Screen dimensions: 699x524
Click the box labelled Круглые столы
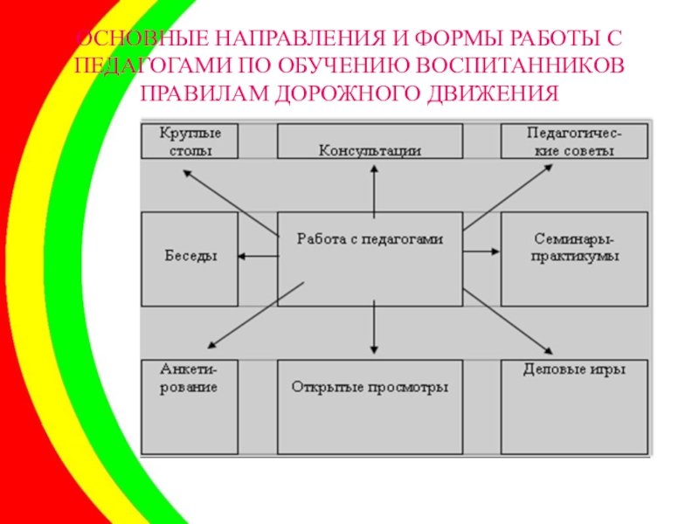189,141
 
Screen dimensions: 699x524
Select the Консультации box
370,141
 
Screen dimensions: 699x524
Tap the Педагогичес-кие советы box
575,141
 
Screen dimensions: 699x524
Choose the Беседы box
189,258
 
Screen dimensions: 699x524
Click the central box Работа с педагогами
370,258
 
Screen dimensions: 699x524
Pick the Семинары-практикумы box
575,258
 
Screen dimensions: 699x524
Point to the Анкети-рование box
189,406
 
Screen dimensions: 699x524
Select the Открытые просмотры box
370,406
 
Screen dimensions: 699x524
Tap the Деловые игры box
575,406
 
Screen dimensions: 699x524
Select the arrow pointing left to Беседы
258,255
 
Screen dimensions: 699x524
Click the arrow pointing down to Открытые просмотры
374,328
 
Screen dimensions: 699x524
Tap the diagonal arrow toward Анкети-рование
253,313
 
